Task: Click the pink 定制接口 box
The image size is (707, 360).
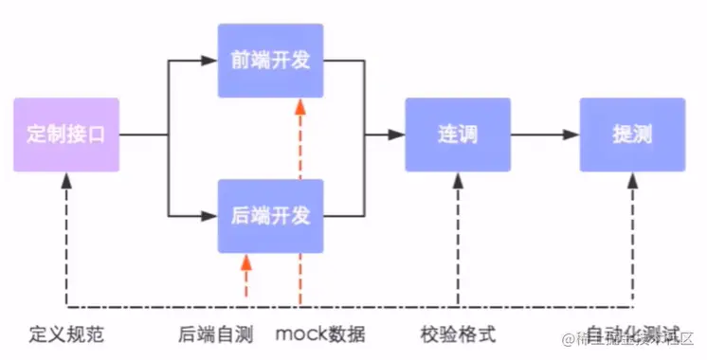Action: (66, 135)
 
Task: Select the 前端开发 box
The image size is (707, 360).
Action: (270, 61)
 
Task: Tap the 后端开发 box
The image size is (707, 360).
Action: (270, 216)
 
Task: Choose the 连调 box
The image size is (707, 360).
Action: (457, 135)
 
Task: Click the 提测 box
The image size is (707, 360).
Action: (631, 135)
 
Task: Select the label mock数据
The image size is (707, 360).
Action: (319, 334)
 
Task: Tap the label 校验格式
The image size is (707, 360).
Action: (457, 334)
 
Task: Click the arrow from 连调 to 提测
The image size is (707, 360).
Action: (544, 135)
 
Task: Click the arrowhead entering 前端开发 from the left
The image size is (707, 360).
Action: (210, 61)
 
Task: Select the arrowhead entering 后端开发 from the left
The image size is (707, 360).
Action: (210, 216)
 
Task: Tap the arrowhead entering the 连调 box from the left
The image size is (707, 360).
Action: (397, 135)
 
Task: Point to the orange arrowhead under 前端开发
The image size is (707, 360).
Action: (300, 106)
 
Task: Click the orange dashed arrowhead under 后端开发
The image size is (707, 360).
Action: (246, 261)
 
